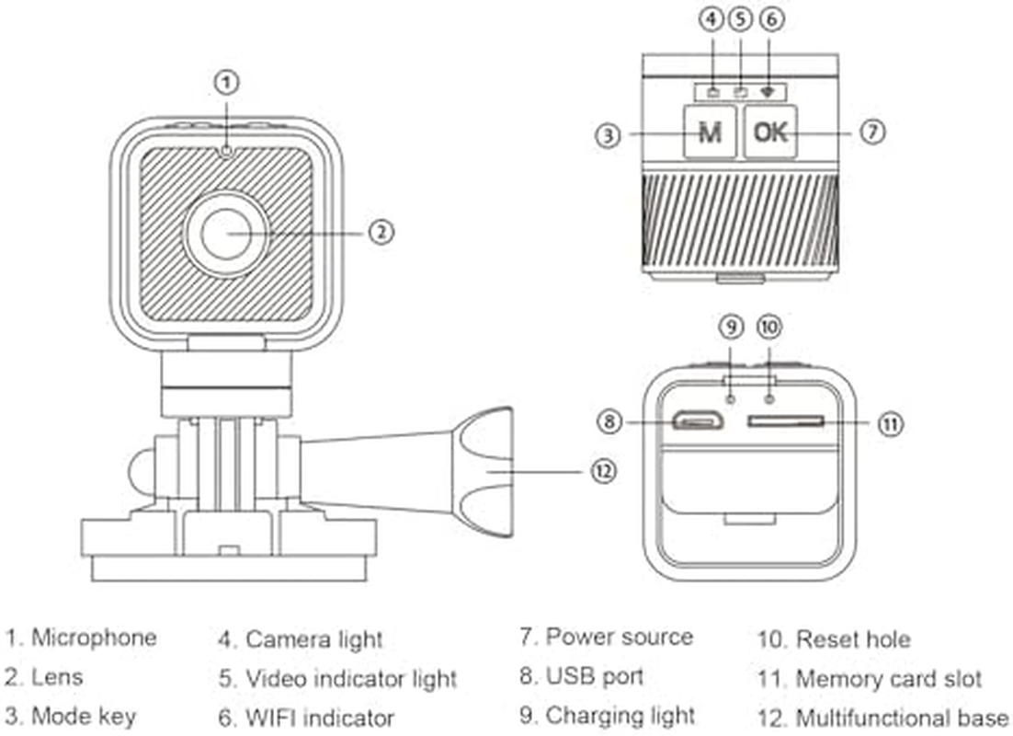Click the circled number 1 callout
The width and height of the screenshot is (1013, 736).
pyautogui.click(x=227, y=83)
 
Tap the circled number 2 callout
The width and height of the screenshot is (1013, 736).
pyautogui.click(x=381, y=231)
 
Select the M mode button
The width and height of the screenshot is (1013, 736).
pyautogui.click(x=710, y=132)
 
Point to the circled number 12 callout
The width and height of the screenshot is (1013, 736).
pyautogui.click(x=602, y=470)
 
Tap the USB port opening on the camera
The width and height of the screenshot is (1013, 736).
pyautogui.click(x=697, y=422)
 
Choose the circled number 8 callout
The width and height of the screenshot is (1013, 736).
pyautogui.click(x=609, y=422)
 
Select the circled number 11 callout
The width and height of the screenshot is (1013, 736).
pyautogui.click(x=889, y=423)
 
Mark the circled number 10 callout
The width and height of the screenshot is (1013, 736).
pyautogui.click(x=768, y=326)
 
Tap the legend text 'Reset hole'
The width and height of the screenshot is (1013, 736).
pyautogui.click(x=852, y=639)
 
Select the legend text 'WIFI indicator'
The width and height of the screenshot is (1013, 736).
pyautogui.click(x=319, y=719)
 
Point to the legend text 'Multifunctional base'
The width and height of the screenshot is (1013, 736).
pyautogui.click(x=901, y=719)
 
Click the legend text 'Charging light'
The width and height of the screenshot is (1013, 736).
pyautogui.click(x=620, y=716)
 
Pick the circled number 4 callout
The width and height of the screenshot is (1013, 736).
pyautogui.click(x=712, y=19)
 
